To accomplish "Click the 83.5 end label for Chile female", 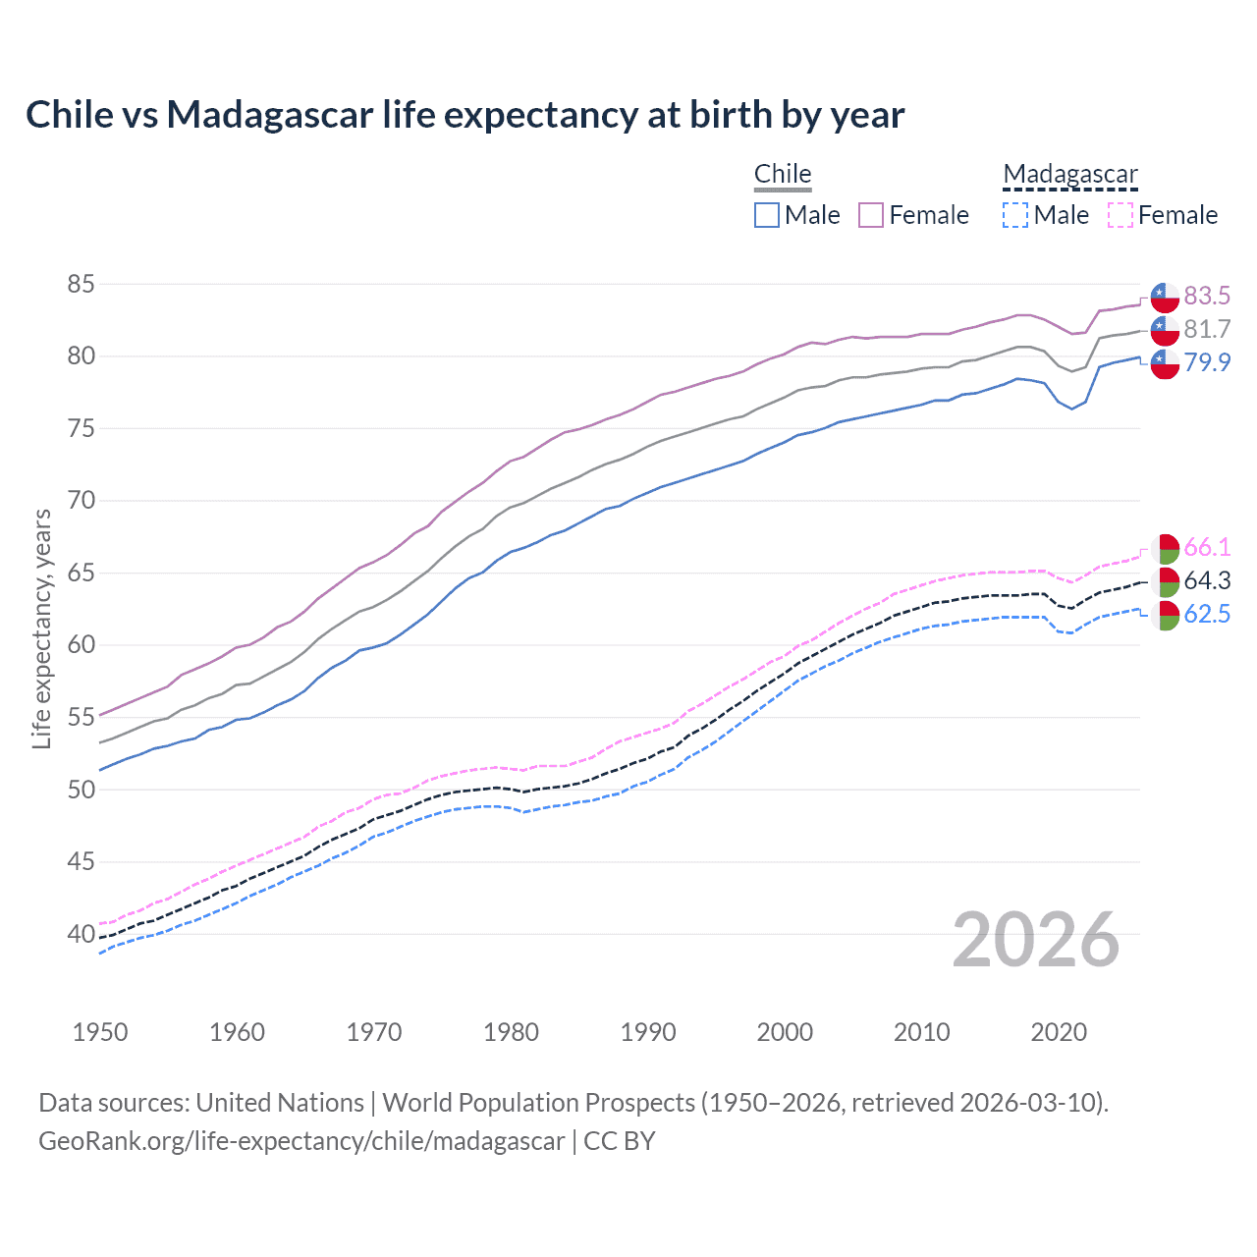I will point(1207,296).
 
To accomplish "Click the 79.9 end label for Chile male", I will point(1207,362).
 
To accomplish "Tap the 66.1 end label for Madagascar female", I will point(1207,547).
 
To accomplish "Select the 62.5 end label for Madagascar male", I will point(1207,615).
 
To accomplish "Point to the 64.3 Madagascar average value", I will point(1207,580).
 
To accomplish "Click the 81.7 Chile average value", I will point(1207,329).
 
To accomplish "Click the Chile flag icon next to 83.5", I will point(1165,296).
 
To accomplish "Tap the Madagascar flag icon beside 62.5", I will point(1165,616).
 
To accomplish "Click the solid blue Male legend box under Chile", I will point(767,215).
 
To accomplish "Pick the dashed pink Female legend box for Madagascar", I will point(1120,215).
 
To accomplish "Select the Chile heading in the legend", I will point(783,174).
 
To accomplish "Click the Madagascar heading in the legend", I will point(1070,174).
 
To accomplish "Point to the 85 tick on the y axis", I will point(81,285).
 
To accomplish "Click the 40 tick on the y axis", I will point(81,934).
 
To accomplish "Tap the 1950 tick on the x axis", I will point(100,1032).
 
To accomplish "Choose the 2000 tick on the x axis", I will point(785,1032).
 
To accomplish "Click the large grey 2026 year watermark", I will point(1036,940).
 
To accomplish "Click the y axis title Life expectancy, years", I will point(41,628).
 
